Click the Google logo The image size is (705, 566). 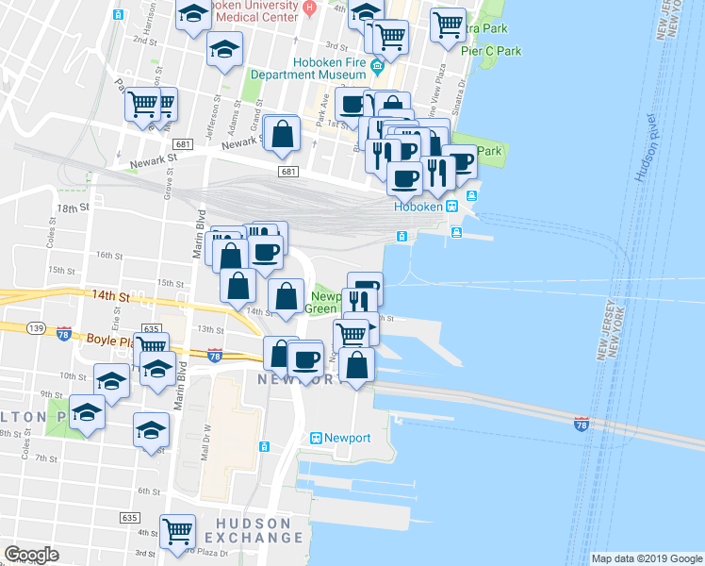point(31,555)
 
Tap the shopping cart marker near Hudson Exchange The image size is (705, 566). point(177,531)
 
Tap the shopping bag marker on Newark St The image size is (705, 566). point(282,135)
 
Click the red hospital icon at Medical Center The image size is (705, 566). point(308,8)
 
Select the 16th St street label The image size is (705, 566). point(109,256)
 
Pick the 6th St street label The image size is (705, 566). point(149,491)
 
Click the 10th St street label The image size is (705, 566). point(74,375)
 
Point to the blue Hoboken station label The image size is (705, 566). point(418,207)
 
